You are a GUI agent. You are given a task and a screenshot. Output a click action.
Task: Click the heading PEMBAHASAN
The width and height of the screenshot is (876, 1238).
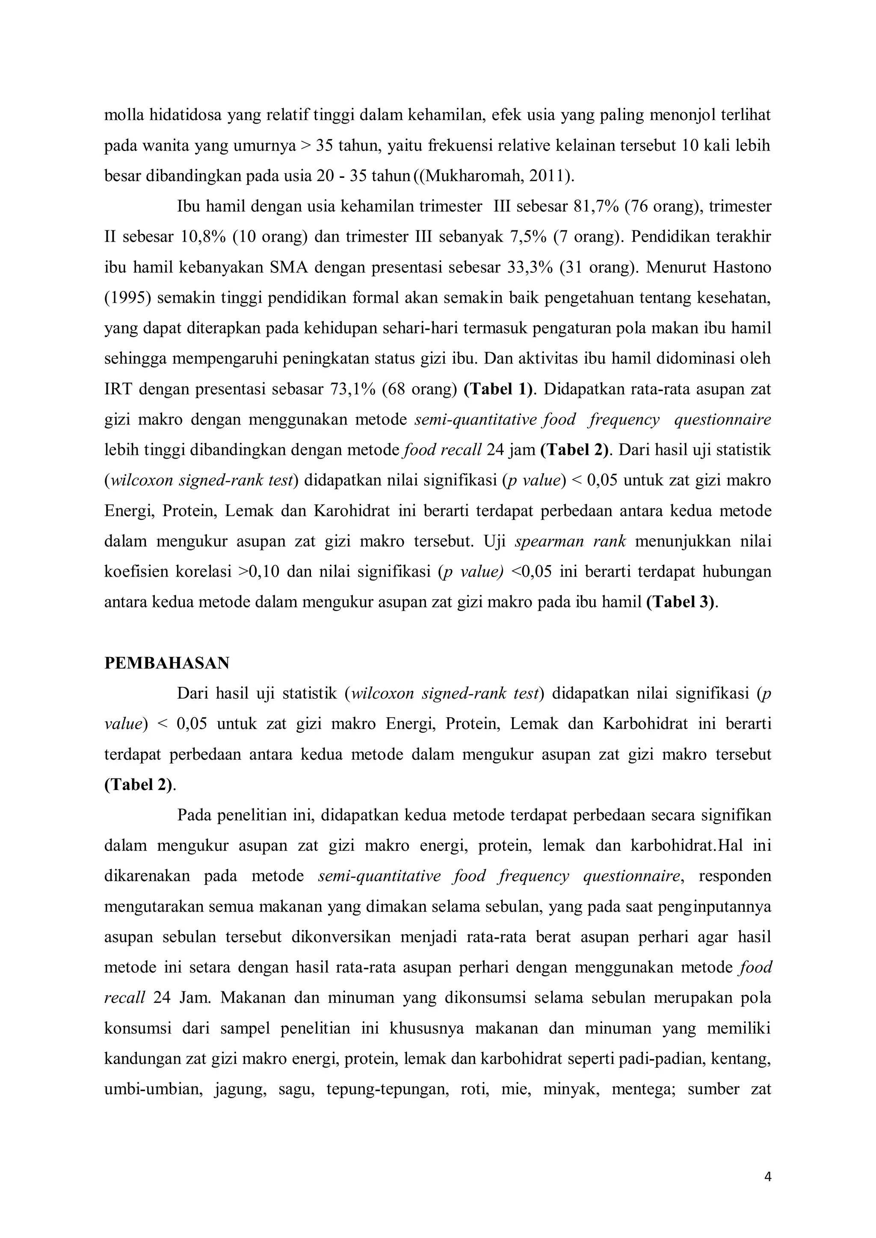coord(167,663)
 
